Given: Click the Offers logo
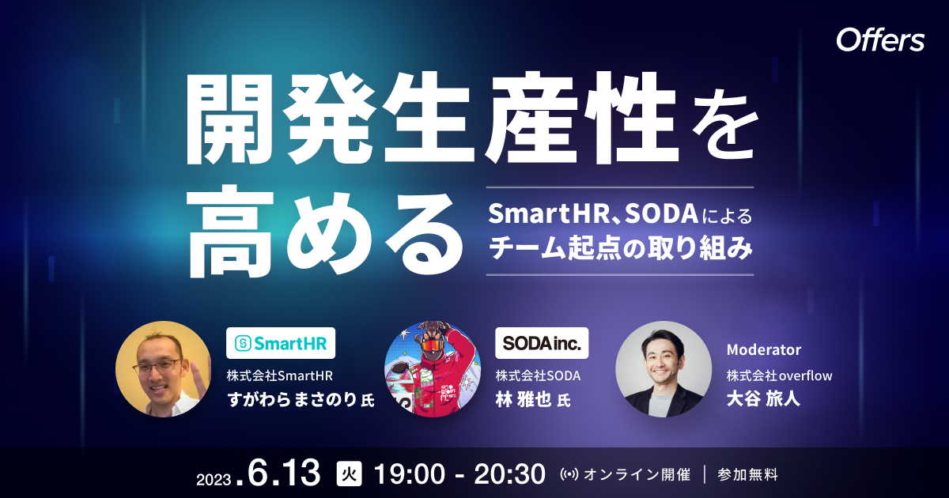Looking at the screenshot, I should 880,41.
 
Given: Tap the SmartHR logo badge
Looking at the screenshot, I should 281,343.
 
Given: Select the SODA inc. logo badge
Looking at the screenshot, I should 542,343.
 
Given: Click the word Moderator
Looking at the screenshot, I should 763,349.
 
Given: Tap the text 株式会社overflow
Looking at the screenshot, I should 779,375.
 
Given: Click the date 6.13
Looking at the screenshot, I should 285,473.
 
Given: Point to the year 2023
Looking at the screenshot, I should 214,477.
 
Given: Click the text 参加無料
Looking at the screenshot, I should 747,474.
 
